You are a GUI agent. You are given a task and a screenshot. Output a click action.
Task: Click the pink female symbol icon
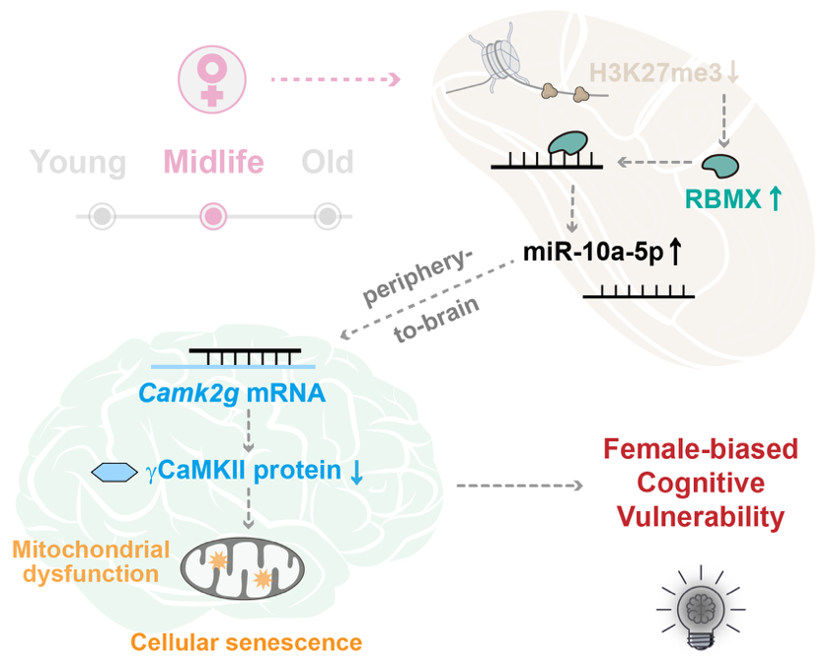pyautogui.click(x=212, y=80)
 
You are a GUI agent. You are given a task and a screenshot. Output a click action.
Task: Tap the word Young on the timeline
pyautogui.click(x=77, y=162)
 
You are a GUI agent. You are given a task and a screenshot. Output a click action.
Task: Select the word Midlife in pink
pyautogui.click(x=213, y=161)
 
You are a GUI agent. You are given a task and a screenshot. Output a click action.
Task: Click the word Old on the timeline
pyautogui.click(x=328, y=161)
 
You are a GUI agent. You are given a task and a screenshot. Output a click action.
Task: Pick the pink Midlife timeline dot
pyautogui.click(x=213, y=216)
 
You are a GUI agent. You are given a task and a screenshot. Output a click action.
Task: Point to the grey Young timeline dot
pyautogui.click(x=102, y=216)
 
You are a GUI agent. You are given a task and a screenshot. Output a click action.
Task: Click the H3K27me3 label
pyautogui.click(x=656, y=73)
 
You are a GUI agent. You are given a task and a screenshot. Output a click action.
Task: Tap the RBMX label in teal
pyautogui.click(x=722, y=199)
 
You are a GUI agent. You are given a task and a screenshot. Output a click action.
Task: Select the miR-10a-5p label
pyautogui.click(x=593, y=252)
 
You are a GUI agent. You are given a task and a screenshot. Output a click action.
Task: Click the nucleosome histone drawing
pyautogui.click(x=500, y=57)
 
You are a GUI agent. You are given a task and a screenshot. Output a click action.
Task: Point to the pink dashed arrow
pyautogui.click(x=336, y=80)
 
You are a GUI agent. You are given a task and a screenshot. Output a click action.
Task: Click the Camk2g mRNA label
pyautogui.click(x=232, y=394)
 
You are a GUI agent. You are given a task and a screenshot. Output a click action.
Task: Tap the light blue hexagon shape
pyautogui.click(x=114, y=472)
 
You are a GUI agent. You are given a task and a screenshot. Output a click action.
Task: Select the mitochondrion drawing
pyautogui.click(x=243, y=568)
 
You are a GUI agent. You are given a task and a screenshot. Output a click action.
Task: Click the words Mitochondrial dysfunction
pyautogui.click(x=91, y=561)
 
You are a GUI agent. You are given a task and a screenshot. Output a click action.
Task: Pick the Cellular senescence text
pyautogui.click(x=246, y=642)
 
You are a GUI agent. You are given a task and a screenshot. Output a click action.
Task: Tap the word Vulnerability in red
pyautogui.click(x=701, y=517)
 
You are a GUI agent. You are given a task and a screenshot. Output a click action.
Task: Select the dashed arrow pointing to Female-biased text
pyautogui.click(x=519, y=485)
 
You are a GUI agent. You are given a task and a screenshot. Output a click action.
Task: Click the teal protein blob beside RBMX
pyautogui.click(x=720, y=166)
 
